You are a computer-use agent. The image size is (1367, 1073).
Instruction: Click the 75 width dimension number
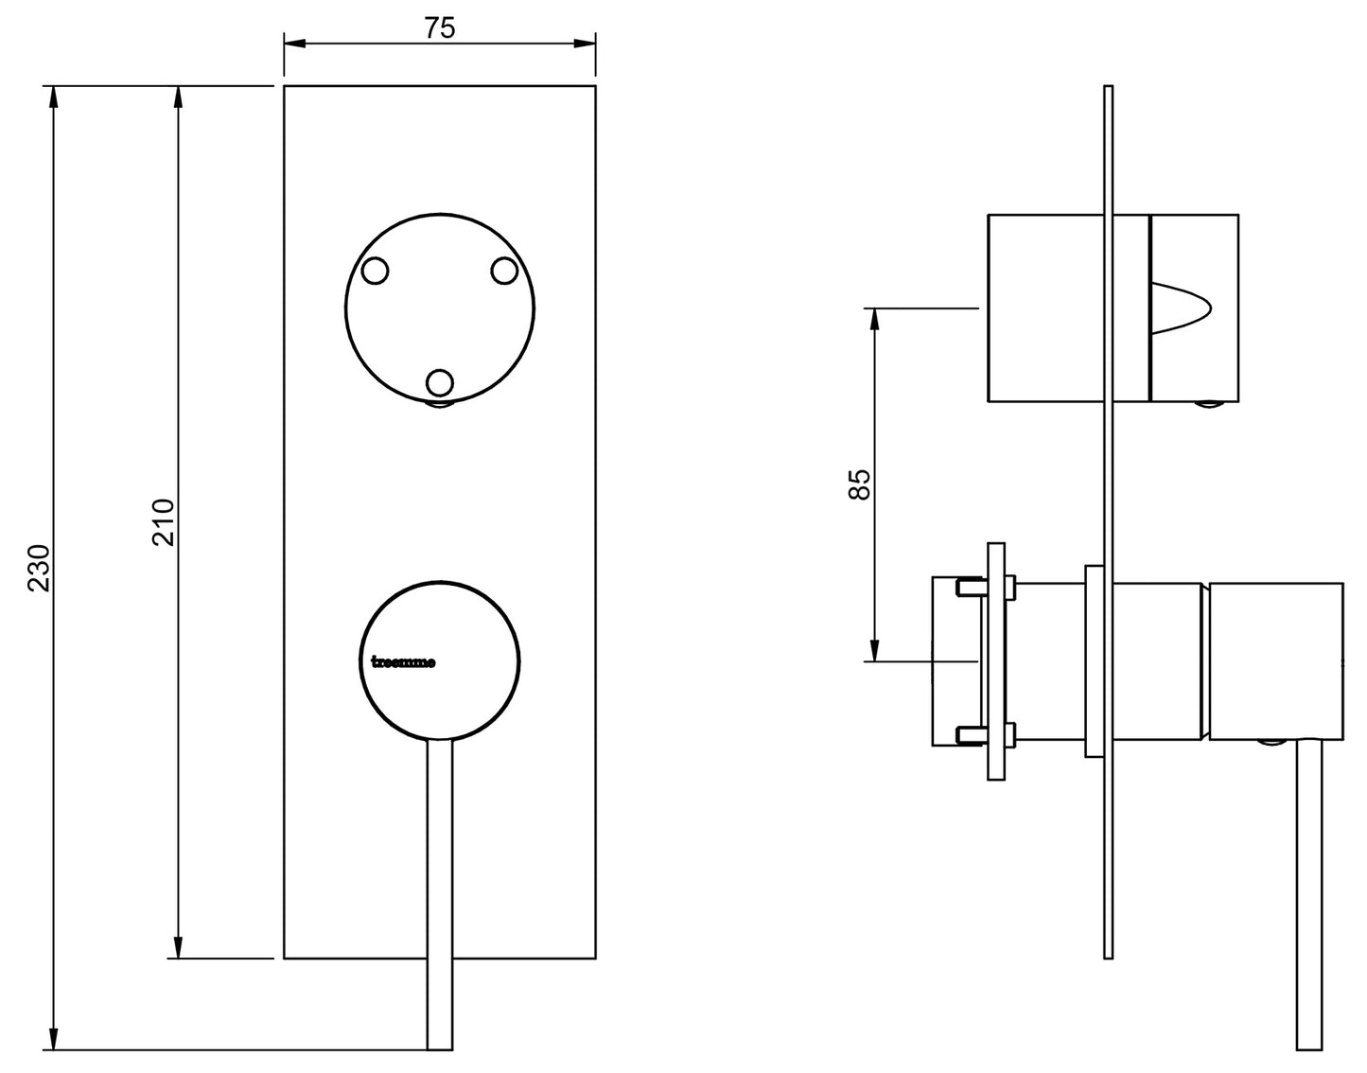[x=439, y=28]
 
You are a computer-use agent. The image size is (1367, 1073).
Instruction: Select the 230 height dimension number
[x=38, y=568]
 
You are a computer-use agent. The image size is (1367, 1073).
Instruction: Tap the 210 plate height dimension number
[x=164, y=521]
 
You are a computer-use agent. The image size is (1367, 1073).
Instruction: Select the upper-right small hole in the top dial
[x=504, y=271]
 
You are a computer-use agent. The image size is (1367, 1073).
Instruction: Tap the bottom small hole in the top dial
[x=440, y=382]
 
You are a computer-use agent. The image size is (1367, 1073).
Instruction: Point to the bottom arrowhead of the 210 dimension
[x=177, y=947]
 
